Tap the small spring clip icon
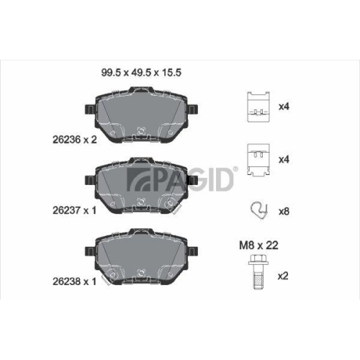[x=256, y=211]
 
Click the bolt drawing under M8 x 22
[x=256, y=275]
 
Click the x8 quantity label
[x=283, y=212]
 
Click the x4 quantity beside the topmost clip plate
[x=283, y=107]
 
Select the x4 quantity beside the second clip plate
[x=283, y=158]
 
